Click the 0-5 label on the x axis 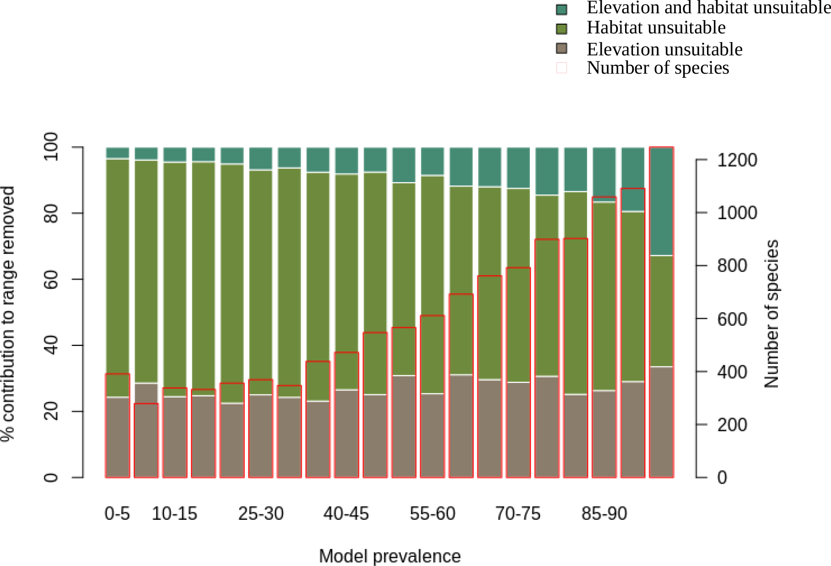click(117, 513)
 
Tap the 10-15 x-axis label click(174, 513)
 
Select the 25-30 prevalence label click(261, 513)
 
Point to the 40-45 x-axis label click(346, 513)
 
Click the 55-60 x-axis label click(432, 513)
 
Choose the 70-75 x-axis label click(518, 513)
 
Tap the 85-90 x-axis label click(604, 513)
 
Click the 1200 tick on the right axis click(737, 160)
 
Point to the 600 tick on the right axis click(732, 319)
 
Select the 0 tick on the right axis click(722, 478)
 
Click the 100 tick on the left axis click(51, 147)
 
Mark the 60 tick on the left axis click(51, 279)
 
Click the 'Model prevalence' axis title click(389, 556)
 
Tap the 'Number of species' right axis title click(772, 314)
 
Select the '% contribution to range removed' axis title click(8, 314)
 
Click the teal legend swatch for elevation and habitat click(561, 9)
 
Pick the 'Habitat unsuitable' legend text click(656, 28)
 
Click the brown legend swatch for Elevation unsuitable click(561, 48)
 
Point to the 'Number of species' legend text click(658, 68)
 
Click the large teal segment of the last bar click(661, 201)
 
